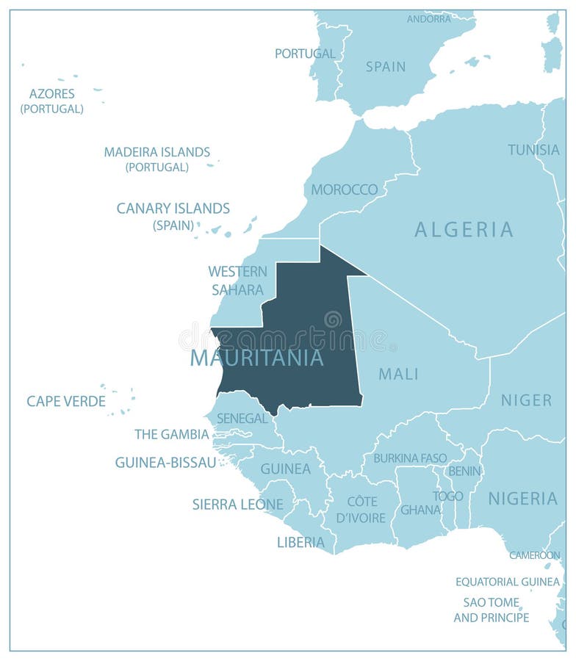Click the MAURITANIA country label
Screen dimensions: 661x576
256,358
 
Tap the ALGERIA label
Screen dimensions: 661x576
464,229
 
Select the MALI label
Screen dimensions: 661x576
398,374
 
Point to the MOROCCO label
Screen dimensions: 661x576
344,189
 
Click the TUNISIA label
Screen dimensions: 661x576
533,150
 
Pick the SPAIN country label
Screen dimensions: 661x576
385,67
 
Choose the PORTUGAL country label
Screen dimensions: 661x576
305,54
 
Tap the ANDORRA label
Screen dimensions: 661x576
428,18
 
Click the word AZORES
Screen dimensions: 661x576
51,93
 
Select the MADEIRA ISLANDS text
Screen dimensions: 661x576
156,152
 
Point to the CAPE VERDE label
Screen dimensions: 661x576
66,401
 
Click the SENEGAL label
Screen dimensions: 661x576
242,418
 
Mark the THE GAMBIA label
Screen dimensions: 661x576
172,434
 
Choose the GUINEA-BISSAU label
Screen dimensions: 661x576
165,462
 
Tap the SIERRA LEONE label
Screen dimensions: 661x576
237,504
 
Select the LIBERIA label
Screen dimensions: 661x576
300,542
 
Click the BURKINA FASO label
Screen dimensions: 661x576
410,458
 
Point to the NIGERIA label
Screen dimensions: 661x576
522,499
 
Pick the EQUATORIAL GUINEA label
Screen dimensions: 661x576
507,582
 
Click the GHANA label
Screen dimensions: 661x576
420,509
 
